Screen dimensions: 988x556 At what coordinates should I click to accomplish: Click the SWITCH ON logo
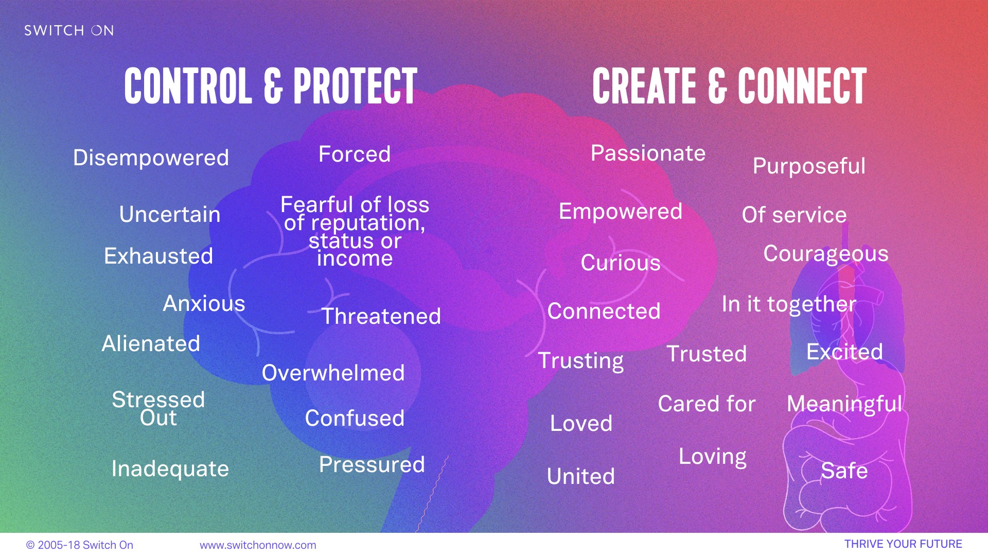click(69, 30)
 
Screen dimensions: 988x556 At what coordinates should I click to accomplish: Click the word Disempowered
click(151, 158)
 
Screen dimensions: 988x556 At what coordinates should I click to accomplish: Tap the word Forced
click(355, 154)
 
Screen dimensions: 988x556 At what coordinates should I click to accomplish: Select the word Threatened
click(381, 316)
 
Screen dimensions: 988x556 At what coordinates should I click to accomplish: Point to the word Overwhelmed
click(333, 373)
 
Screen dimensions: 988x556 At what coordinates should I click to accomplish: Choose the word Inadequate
click(170, 469)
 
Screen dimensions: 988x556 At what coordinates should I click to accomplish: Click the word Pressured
click(372, 464)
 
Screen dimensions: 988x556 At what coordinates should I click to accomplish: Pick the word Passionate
click(648, 153)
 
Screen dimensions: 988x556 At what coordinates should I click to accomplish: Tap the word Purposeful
click(809, 166)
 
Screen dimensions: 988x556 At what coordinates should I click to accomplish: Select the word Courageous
click(826, 254)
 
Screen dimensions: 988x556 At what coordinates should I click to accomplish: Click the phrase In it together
click(789, 304)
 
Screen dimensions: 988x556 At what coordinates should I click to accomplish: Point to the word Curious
click(620, 263)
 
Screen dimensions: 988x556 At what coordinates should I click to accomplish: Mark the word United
click(580, 476)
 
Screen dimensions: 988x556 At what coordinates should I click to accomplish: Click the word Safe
click(844, 471)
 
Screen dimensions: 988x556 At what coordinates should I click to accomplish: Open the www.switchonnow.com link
click(258, 545)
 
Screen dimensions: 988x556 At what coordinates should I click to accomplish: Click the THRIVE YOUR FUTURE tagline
click(903, 544)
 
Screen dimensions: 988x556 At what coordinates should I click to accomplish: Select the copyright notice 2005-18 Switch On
click(80, 545)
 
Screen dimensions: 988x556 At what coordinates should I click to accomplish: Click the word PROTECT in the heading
click(355, 86)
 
